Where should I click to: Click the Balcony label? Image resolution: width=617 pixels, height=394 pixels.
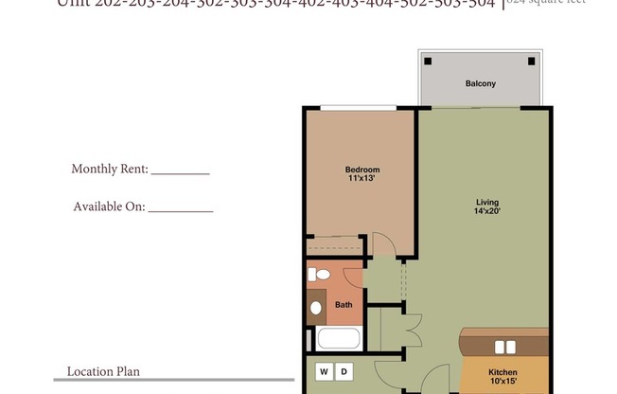(x=480, y=84)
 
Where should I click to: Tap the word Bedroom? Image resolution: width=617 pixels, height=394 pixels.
(x=361, y=170)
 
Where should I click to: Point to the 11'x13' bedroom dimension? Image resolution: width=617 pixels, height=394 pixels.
(x=361, y=178)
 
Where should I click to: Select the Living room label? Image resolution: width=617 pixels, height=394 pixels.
(x=487, y=202)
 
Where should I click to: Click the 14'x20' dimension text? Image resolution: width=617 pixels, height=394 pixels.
(x=487, y=211)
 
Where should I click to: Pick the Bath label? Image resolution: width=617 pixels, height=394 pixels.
(x=344, y=305)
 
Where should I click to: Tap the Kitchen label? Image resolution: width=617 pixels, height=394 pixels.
(x=502, y=372)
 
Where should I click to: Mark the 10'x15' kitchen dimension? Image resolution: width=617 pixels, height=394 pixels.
(x=502, y=382)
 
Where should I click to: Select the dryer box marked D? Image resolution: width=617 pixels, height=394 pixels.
(x=344, y=370)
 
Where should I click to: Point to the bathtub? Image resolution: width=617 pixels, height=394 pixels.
(x=338, y=339)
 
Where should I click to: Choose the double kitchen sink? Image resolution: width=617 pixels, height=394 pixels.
(x=505, y=347)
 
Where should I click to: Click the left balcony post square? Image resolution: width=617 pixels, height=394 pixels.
(x=428, y=62)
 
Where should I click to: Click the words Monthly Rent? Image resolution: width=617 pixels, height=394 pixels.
(x=110, y=169)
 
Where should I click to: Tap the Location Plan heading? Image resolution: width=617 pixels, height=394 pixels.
(x=103, y=371)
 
